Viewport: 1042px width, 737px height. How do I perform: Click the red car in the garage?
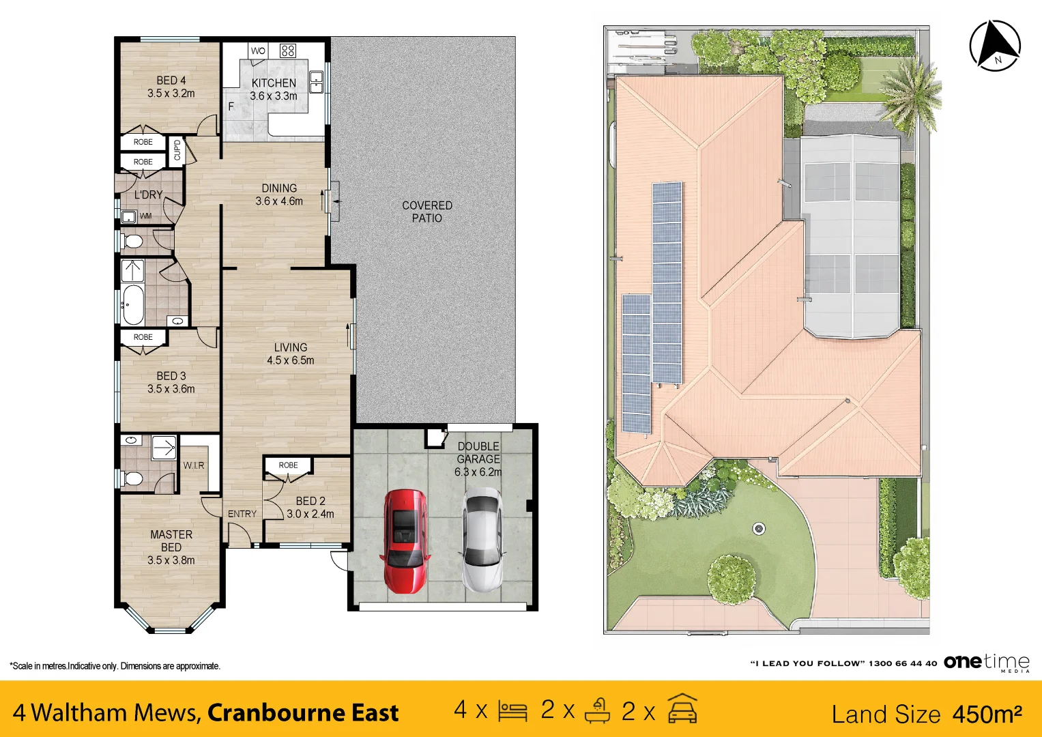coord(404,542)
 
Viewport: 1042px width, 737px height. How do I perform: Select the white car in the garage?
coord(482,540)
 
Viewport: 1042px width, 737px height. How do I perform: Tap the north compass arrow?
coord(995,46)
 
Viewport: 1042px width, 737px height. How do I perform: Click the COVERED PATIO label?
coord(427,212)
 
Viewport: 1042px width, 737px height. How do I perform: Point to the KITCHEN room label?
coord(274,83)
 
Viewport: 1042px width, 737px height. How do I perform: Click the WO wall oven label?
coord(258,50)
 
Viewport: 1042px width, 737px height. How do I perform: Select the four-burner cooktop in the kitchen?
coord(287,50)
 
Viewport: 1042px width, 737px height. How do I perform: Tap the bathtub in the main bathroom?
coord(134,305)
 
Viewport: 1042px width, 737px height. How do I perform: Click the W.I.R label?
coord(194,465)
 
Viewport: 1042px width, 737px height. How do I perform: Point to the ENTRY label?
coord(242,514)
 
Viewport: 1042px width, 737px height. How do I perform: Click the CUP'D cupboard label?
coord(177,150)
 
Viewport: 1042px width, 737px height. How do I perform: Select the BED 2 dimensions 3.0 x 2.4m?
coord(310,514)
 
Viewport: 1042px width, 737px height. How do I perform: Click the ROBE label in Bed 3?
coord(143,337)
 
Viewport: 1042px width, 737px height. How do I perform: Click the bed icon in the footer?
coord(512,711)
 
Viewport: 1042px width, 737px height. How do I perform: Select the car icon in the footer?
coord(682,709)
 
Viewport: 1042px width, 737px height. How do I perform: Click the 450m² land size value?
coord(987,714)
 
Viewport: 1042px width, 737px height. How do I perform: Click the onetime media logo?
coord(986,663)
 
